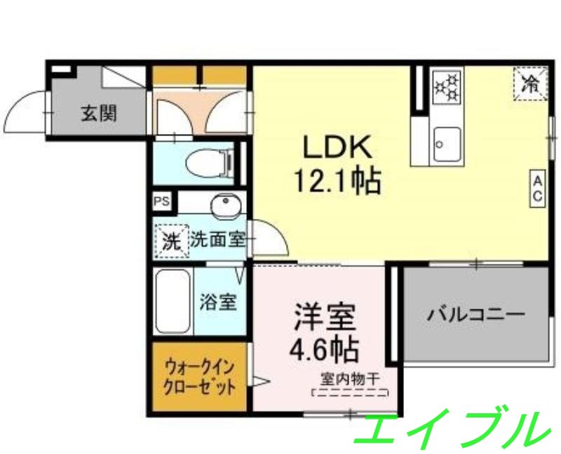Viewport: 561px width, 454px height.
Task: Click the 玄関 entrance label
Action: pyautogui.click(x=98, y=113)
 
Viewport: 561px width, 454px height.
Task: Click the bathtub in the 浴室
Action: pyautogui.click(x=173, y=302)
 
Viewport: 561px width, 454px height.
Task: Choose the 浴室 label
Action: pyautogui.click(x=218, y=302)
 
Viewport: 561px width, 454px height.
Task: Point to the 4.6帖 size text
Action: pyautogui.click(x=325, y=347)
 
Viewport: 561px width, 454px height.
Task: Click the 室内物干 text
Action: pyautogui.click(x=350, y=379)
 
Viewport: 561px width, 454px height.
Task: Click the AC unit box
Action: pyautogui.click(x=538, y=189)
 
